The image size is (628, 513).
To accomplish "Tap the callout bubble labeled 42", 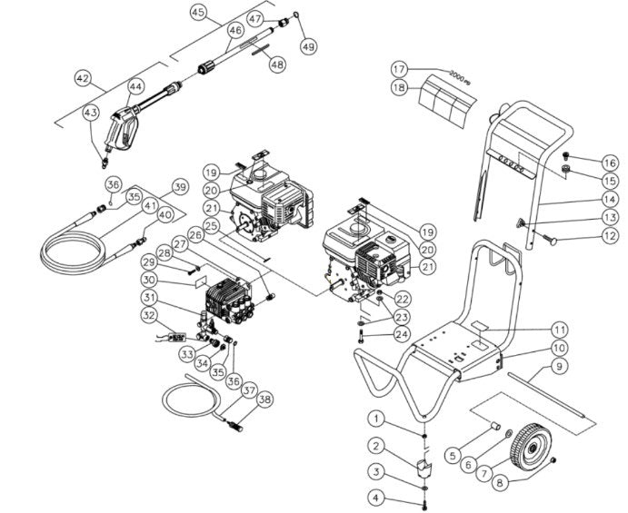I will point(84,79).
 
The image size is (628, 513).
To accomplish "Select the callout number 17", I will point(401,69).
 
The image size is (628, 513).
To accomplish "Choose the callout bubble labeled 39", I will point(179,187).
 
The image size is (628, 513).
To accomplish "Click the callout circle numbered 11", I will point(561,329).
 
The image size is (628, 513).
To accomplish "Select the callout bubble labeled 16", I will point(584,163).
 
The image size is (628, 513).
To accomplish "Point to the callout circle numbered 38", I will point(264,399).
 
